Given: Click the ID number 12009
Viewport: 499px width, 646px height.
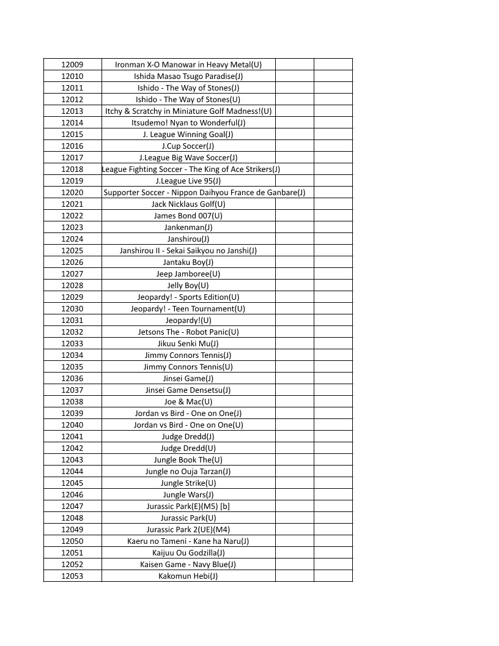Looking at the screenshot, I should pyautogui.click(x=72, y=64).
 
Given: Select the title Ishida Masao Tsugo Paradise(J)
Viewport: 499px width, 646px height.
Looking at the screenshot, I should pyautogui.click(x=188, y=76).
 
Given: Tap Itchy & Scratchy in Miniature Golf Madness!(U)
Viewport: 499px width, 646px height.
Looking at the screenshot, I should pyautogui.click(x=188, y=111).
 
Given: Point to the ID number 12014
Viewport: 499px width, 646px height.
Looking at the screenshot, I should pyautogui.click(x=72, y=122).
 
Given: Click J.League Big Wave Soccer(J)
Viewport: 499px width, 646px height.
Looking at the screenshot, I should pyautogui.click(x=188, y=157).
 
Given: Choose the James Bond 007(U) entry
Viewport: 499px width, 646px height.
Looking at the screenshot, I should pyautogui.click(x=188, y=215).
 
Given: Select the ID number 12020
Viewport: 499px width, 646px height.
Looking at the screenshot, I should pyautogui.click(x=72, y=192).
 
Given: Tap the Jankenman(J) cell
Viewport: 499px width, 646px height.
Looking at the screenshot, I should pyautogui.click(x=188, y=227).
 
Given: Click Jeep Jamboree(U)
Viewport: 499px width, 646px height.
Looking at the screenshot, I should pyautogui.click(x=188, y=273).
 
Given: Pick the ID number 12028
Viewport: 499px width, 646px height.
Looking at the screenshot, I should pyautogui.click(x=72, y=285).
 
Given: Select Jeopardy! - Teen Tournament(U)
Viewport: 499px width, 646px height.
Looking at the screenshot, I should pyautogui.click(x=188, y=308).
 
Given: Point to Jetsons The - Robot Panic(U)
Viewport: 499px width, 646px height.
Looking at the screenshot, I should pyautogui.click(x=188, y=332).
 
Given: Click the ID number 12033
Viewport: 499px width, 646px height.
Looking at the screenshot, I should pyautogui.click(x=72, y=343).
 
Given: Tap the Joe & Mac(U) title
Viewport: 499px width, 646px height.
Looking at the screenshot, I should pyautogui.click(x=188, y=401).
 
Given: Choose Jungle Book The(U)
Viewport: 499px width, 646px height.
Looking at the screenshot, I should pyautogui.click(x=188, y=459).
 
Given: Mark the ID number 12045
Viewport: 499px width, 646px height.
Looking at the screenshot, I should pyautogui.click(x=72, y=483).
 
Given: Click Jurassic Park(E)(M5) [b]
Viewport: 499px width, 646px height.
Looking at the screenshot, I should pyautogui.click(x=188, y=506).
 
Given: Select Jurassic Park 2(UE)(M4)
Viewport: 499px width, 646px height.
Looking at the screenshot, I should pyautogui.click(x=188, y=529).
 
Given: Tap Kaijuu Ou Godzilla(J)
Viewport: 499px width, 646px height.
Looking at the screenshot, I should pyautogui.click(x=188, y=552).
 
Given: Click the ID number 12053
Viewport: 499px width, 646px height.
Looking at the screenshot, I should pyautogui.click(x=72, y=576).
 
